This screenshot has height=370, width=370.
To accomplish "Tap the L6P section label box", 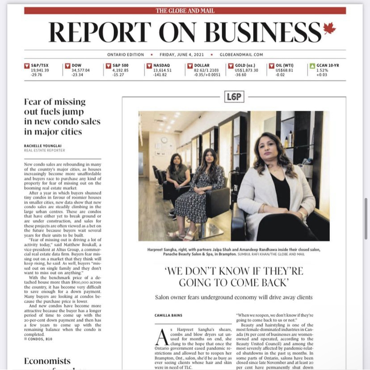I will pyautogui.click(x=234, y=96).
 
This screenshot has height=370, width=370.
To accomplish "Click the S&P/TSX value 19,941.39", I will pyautogui.click(x=40, y=70).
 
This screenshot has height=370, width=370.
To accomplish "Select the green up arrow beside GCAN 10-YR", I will pyautogui.click(x=312, y=66).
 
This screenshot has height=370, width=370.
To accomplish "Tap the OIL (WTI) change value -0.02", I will pyautogui.click(x=280, y=75).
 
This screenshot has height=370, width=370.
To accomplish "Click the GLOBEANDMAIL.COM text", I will pyautogui.click(x=241, y=55).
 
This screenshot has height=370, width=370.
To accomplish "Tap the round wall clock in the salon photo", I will pyautogui.click(x=164, y=140).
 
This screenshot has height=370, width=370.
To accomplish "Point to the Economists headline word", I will pyautogui.click(x=47, y=361).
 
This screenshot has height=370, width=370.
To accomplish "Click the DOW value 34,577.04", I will pyautogui.click(x=80, y=70).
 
